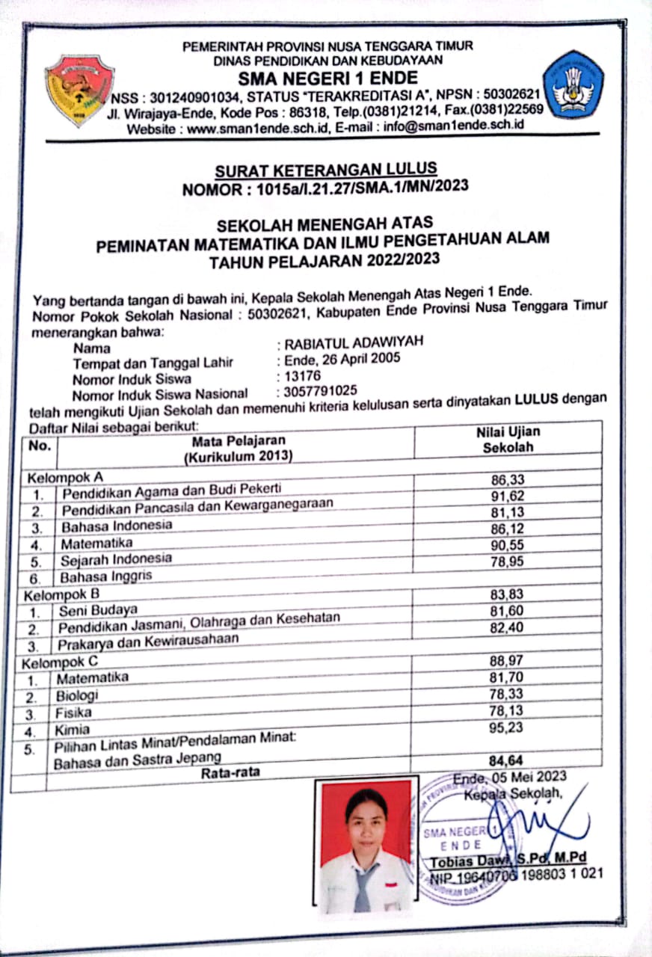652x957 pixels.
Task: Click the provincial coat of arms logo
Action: pos(79,89)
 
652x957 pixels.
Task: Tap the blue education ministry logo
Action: pos(573,84)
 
